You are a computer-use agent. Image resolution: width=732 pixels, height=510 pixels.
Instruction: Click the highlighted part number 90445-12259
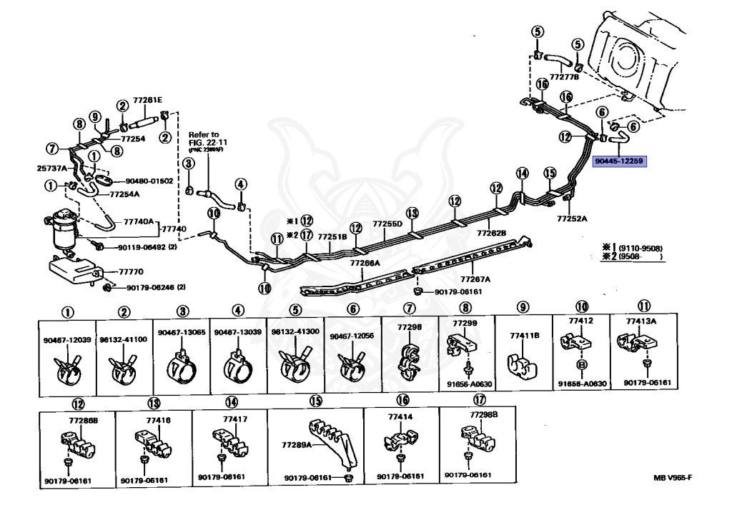pos(619,162)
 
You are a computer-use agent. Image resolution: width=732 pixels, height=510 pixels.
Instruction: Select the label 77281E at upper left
pos(147,101)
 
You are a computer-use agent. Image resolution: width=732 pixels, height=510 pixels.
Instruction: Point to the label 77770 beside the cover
pos(130,271)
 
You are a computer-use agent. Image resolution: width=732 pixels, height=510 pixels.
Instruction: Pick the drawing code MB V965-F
pos(673,478)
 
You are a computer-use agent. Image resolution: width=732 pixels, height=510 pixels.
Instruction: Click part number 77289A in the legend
pos(295,444)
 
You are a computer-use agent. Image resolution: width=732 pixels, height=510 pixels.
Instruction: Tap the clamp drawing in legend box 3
pos(182,366)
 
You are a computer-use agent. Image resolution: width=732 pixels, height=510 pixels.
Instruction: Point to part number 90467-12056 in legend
pos(352,335)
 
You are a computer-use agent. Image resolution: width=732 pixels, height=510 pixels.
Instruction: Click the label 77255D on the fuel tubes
pos(387,224)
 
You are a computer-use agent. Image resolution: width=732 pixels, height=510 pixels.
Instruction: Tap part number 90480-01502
pos(149,181)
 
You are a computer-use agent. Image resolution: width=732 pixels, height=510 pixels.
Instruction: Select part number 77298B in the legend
pos(484,415)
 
